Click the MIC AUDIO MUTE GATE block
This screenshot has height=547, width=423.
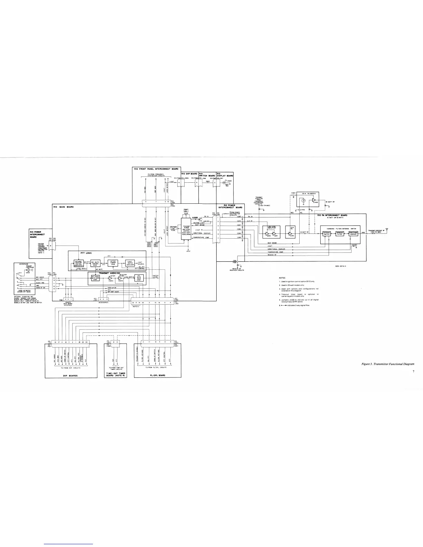pos(95,277)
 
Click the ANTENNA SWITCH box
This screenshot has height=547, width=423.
pos(327,234)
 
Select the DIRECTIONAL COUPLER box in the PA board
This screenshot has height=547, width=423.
pos(353,234)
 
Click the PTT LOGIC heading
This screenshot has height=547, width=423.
pos(85,253)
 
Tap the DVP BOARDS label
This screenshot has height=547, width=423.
pos(67,375)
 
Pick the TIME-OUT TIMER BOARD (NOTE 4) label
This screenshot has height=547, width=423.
pos(115,374)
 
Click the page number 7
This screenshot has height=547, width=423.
pos(413,372)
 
